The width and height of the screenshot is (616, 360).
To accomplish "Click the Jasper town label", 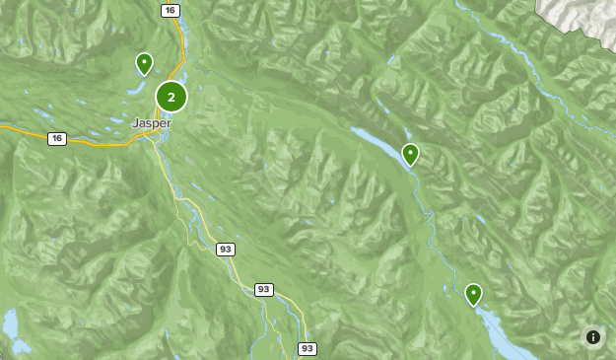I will tap(152, 123).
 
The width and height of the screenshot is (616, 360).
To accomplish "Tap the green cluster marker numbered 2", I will tap(171, 97).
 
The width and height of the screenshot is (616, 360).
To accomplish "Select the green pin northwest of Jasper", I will tap(144, 64).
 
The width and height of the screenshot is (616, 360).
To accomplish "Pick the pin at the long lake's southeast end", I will tap(410, 154).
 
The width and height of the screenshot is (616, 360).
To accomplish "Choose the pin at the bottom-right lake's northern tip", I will tap(473, 294).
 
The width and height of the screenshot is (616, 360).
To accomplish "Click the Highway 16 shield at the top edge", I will tap(171, 10).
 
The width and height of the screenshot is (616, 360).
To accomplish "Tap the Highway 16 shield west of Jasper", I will tap(57, 139).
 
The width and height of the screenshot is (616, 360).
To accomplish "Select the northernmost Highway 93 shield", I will tap(226, 250).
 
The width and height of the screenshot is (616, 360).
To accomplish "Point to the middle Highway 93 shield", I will tap(263, 289).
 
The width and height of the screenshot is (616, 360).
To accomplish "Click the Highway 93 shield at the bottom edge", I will tap(308, 348).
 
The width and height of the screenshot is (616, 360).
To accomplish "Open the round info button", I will tap(593, 337).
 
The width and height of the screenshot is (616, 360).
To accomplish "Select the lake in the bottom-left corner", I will tap(10, 324).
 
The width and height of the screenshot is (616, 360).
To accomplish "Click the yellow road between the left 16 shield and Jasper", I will tap(99, 144).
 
